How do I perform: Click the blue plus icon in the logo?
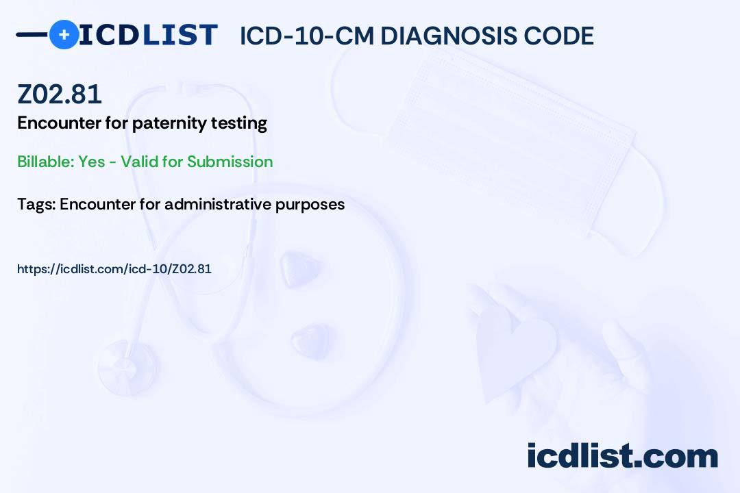64,34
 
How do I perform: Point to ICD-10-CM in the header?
306,36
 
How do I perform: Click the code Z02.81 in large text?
60,94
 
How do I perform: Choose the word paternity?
163,124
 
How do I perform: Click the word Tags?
36,204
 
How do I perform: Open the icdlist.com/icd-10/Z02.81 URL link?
114,269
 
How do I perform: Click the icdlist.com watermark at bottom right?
622,456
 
